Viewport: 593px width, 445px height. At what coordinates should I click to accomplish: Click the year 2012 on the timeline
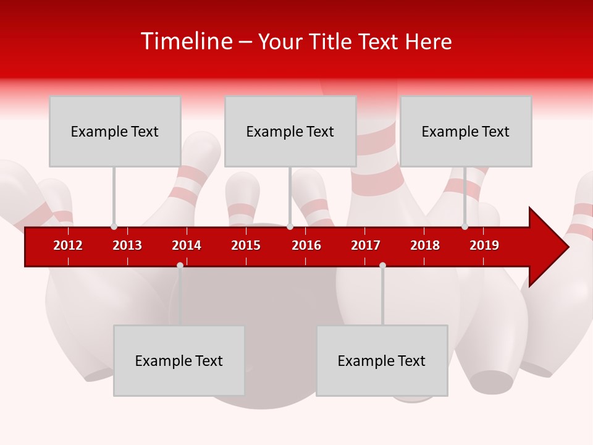pos(68,245)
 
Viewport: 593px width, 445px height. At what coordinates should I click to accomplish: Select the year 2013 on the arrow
pos(127,245)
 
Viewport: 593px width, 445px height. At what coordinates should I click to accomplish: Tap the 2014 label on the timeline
pos(187,245)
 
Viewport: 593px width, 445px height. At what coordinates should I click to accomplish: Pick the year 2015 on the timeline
pos(246,245)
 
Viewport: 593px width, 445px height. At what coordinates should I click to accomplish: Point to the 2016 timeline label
pos(306,245)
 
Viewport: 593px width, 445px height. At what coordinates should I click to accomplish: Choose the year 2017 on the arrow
pos(366,245)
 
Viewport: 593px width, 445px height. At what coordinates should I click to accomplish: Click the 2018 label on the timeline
pos(425,245)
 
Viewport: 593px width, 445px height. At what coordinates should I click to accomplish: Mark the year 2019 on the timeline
pos(484,245)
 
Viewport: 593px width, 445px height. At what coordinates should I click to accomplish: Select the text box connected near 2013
pos(115,131)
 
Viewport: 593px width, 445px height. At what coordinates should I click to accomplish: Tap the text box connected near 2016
pos(290,131)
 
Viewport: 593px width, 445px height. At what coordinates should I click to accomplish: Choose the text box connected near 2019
pos(466,131)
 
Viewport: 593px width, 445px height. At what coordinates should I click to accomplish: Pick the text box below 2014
pos(179,360)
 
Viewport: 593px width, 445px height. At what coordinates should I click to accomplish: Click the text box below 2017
pos(382,360)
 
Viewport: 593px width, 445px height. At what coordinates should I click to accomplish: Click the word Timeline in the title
pos(187,41)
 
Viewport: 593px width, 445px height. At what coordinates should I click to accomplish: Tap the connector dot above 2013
pos(114,226)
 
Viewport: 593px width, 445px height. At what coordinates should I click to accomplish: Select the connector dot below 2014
pos(180,265)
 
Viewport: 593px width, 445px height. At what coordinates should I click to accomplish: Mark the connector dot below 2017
pos(382,265)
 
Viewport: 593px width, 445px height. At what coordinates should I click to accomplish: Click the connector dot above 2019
pos(465,226)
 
